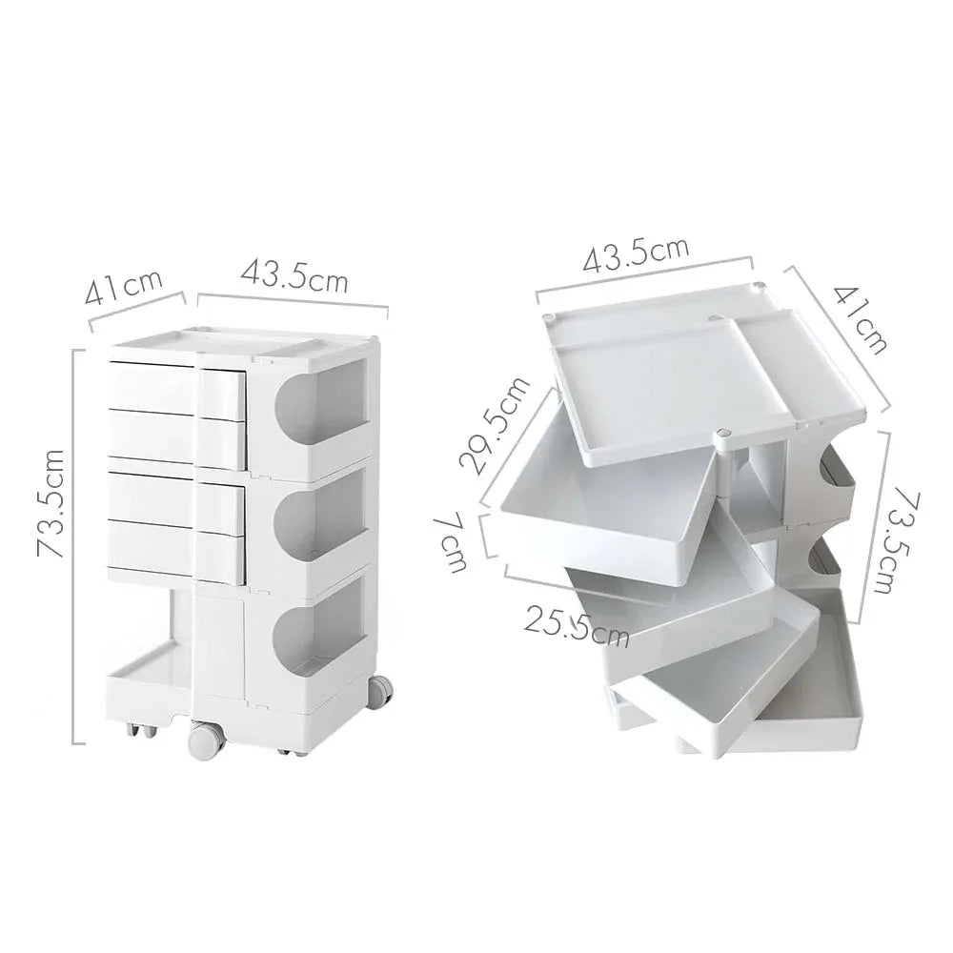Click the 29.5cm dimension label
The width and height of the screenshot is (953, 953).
(494, 425)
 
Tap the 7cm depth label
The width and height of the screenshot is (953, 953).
(454, 543)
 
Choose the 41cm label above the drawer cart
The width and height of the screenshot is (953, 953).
(124, 287)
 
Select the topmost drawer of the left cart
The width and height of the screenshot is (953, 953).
(176, 387)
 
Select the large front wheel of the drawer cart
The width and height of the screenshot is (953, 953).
(203, 740)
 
